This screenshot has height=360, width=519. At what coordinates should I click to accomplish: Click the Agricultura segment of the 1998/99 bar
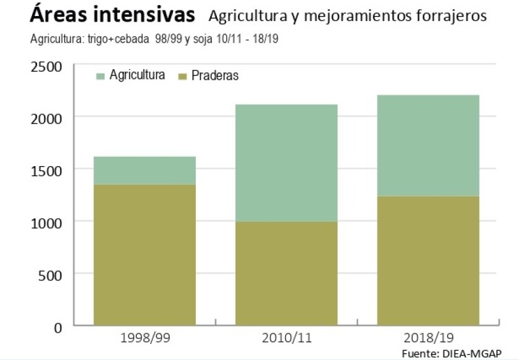click(x=144, y=170)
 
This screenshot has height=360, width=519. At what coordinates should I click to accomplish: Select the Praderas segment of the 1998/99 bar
click(x=144, y=254)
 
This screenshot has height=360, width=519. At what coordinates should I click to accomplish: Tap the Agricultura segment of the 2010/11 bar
click(x=286, y=163)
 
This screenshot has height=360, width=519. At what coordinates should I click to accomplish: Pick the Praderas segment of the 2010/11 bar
click(x=286, y=273)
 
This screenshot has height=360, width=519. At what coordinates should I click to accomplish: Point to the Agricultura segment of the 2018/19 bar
click(x=428, y=146)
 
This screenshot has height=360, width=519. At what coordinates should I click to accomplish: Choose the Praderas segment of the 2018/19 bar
click(x=428, y=261)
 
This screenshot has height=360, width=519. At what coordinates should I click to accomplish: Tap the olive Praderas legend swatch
click(x=182, y=76)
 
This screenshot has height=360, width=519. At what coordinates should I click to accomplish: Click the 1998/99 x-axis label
click(x=145, y=338)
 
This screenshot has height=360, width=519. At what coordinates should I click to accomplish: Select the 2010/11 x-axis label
click(x=286, y=338)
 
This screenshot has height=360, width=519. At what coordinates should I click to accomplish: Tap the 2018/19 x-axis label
click(x=428, y=338)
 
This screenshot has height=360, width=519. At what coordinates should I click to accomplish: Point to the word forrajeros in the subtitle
click(x=452, y=17)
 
